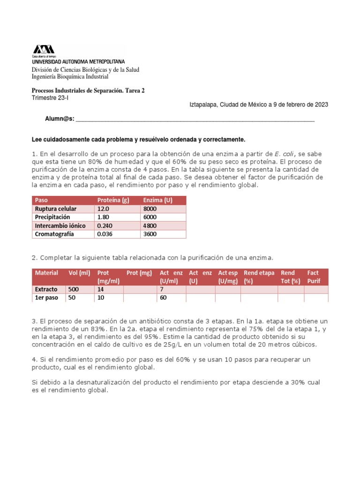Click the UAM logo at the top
pyautogui.click(x=43, y=49)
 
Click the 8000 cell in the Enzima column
pyautogui.click(x=150, y=209)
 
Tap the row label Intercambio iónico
pyautogui.click(x=60, y=225)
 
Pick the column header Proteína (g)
pyautogui.click(x=113, y=200)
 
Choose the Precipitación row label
pyautogui.click(x=52, y=217)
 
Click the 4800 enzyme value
pyautogui.click(x=150, y=225)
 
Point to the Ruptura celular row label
pyautogui.click(x=55, y=209)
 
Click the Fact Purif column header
pyautogui.click(x=314, y=277)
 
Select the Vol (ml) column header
pyautogui.click(x=79, y=273)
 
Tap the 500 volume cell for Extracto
pyautogui.click(x=74, y=289)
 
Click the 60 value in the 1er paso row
pyautogui.click(x=163, y=298)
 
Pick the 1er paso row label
pyautogui.click(x=46, y=298)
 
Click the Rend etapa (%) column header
pyautogui.click(x=259, y=277)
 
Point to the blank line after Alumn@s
pyautogui.click(x=195, y=120)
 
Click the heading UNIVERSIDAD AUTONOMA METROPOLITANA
pyautogui.click(x=78, y=61)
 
